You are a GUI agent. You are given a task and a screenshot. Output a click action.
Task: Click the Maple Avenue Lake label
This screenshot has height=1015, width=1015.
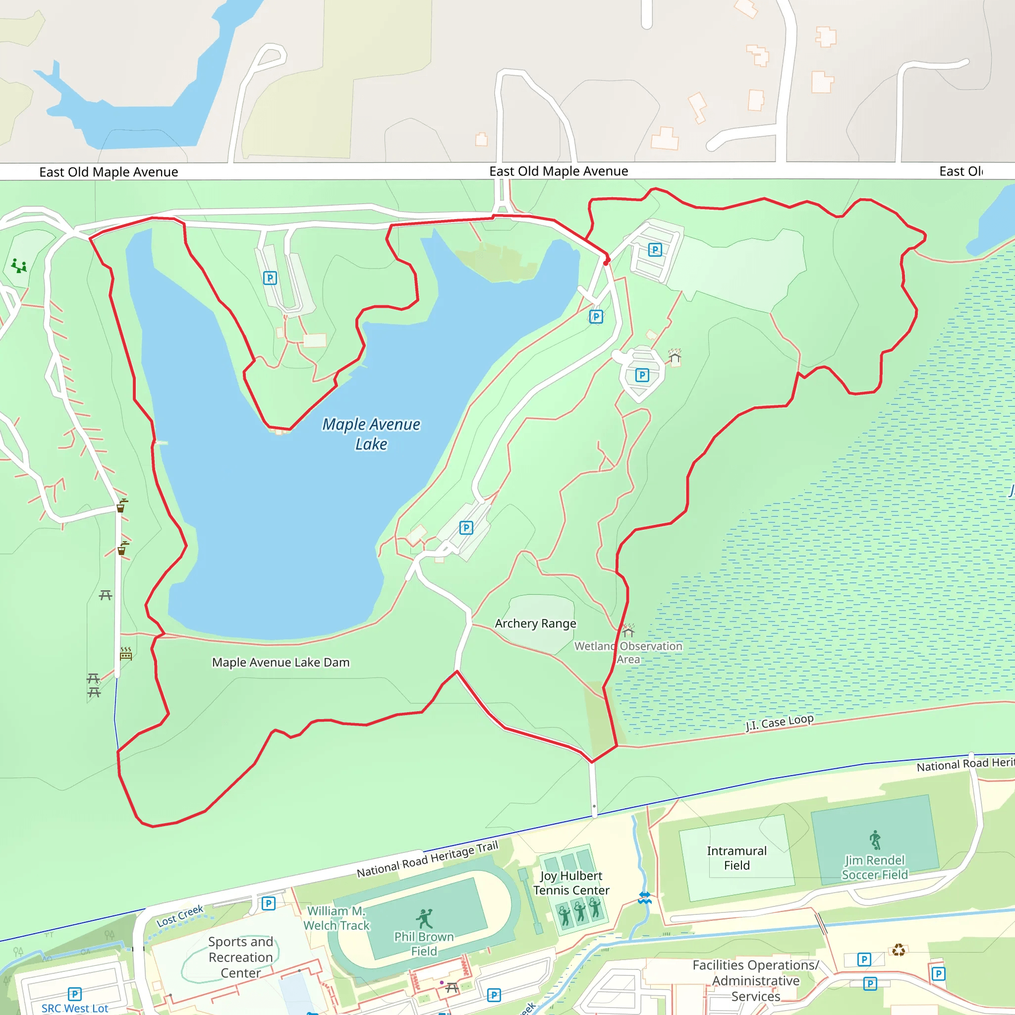click(x=371, y=434)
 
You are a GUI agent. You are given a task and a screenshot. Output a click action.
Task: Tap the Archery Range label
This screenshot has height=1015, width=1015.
click(x=535, y=623)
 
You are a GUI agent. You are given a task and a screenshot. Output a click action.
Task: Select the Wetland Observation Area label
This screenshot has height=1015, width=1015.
click(x=628, y=653)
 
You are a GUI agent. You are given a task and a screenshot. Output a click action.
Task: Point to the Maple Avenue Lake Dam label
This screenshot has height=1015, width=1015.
click(x=281, y=662)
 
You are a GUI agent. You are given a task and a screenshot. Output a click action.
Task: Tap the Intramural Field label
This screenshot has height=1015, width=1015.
click(x=736, y=858)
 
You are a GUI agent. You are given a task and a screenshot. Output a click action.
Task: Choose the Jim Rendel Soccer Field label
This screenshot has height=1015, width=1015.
click(x=874, y=867)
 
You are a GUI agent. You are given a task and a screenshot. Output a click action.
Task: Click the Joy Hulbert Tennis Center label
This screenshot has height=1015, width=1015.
click(x=571, y=883)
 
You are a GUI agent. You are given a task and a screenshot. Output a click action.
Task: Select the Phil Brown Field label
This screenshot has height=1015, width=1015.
click(x=424, y=944)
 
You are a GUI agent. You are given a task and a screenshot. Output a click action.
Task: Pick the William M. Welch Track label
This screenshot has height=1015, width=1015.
click(x=337, y=918)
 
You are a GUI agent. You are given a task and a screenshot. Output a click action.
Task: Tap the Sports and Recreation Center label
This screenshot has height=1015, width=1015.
click(x=240, y=957)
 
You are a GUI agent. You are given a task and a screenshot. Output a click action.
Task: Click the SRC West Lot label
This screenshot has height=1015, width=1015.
click(x=75, y=1008)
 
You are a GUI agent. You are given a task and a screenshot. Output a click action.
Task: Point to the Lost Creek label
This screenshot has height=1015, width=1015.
click(x=180, y=916)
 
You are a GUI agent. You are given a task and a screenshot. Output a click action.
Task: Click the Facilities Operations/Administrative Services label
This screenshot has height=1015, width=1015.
click(x=755, y=980)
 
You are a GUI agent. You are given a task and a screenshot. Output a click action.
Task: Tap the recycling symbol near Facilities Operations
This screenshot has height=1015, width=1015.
click(x=899, y=950)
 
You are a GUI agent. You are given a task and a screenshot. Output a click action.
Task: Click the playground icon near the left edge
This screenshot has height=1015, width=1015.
click(x=19, y=266)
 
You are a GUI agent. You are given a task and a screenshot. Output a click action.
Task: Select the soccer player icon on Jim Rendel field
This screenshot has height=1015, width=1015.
click(x=875, y=840)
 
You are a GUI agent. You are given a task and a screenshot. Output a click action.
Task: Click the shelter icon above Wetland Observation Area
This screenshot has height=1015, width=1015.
click(x=628, y=630)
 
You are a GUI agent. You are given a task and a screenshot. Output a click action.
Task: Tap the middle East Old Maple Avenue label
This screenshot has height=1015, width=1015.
click(x=559, y=171)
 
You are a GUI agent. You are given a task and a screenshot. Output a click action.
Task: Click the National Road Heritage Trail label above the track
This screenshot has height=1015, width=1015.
click(x=427, y=859)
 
